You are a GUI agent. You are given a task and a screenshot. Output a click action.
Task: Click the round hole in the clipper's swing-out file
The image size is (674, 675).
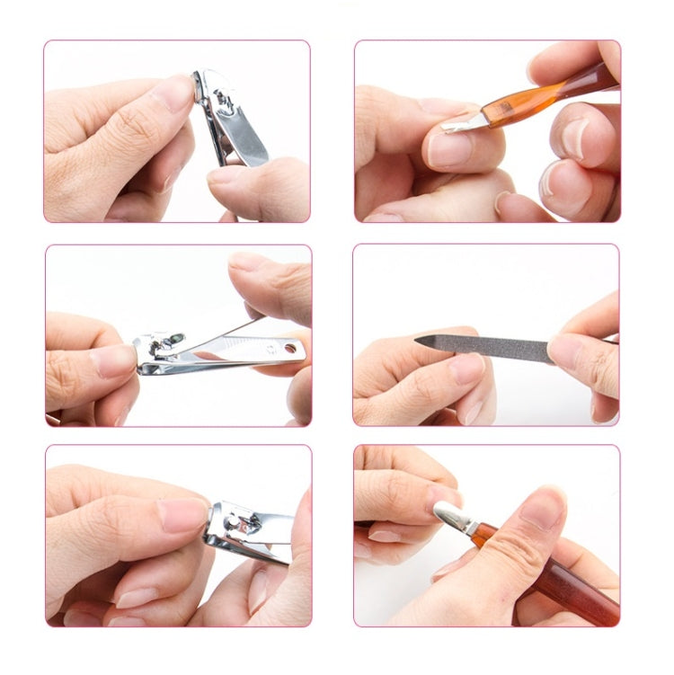point(289,346)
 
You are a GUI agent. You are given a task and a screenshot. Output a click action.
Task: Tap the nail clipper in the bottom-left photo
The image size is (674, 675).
point(248,532)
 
